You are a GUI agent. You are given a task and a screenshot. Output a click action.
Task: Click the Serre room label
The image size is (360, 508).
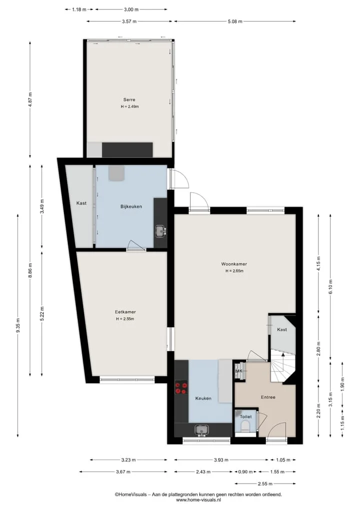129,99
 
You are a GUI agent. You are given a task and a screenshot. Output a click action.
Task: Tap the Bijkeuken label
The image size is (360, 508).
131,206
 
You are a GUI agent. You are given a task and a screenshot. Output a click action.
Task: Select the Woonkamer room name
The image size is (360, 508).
234,264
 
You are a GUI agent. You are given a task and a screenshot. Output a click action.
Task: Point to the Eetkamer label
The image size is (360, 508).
125,312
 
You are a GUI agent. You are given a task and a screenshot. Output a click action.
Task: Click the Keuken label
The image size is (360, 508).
203,399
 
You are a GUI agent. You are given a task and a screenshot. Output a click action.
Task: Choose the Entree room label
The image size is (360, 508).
268,397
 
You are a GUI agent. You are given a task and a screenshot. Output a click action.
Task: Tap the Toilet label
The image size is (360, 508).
246,417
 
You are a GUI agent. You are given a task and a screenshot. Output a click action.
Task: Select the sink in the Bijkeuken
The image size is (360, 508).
160,231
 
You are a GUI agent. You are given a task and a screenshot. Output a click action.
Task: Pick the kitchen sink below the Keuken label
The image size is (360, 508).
201,430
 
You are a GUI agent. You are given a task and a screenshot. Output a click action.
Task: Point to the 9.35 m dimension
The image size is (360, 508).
18,325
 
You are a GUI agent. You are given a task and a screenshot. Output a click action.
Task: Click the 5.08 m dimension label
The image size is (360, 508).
235,21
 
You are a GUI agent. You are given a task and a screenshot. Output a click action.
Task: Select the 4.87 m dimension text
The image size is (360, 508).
30,99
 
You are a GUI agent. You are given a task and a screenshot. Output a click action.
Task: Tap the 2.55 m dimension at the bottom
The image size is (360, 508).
265,484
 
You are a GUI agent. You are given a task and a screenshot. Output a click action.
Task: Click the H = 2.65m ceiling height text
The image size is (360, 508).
234,271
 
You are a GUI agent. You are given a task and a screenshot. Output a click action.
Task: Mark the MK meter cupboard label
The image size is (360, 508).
238,371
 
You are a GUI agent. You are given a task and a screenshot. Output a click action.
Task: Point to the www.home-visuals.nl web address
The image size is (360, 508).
198,500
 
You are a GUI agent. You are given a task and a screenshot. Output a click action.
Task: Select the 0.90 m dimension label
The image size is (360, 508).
245,472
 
